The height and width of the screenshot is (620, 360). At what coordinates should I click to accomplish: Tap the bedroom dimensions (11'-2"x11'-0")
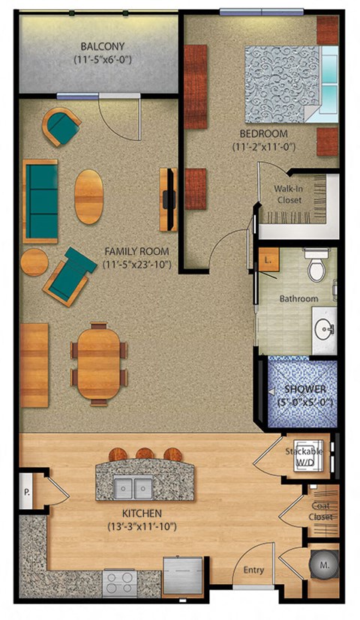pyautogui.click(x=265, y=147)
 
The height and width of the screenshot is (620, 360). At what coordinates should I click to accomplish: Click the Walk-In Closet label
pyautogui.click(x=289, y=196)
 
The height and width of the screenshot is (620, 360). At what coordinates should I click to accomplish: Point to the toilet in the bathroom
pyautogui.click(x=316, y=265)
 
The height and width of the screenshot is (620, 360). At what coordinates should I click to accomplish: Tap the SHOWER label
pyautogui.click(x=304, y=389)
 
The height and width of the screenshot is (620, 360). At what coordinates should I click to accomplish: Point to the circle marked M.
pyautogui.click(x=325, y=566)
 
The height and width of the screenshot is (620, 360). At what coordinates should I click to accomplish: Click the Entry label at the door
pyautogui.click(x=253, y=571)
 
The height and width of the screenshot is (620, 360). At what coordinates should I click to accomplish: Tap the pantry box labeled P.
pyautogui.click(x=26, y=493)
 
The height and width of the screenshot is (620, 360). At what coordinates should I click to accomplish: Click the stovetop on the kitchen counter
pyautogui.click(x=121, y=580)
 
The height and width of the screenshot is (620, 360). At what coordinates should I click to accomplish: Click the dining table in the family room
pyautogui.click(x=99, y=364)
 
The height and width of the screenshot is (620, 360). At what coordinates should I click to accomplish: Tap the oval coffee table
pyautogui.click(x=89, y=196)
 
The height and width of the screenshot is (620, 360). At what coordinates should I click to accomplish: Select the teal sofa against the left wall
pyautogui.click(x=40, y=200)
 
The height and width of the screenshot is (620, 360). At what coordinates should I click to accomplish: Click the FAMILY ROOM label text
pyautogui.click(x=136, y=251)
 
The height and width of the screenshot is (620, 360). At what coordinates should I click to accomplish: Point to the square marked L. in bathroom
pyautogui.click(x=268, y=262)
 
